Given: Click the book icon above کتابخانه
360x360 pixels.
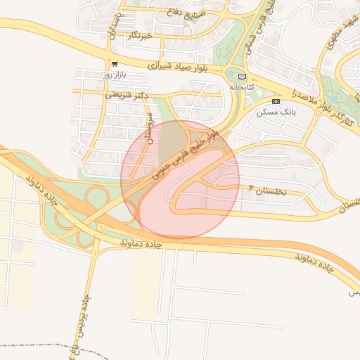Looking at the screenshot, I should coord(243,77).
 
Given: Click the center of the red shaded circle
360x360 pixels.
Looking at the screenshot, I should coord(180,179).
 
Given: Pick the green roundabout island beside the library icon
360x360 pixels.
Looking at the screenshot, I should coord(232,73).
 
